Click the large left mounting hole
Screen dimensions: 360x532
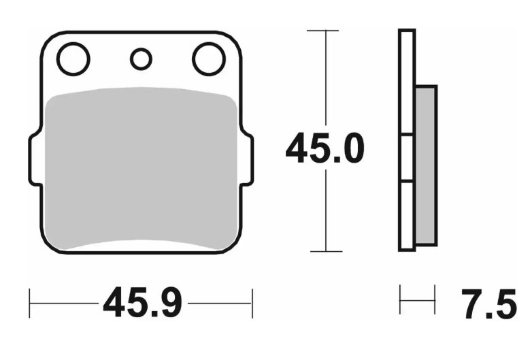(73, 59)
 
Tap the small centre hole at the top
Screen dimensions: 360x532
(141, 60)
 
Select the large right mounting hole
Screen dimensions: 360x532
(209, 59)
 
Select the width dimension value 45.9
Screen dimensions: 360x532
(142, 304)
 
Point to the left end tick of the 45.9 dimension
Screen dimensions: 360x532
(30, 303)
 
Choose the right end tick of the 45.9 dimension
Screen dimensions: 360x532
(252, 303)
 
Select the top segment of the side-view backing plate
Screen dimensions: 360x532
(407, 82)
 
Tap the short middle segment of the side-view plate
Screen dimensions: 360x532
(407, 158)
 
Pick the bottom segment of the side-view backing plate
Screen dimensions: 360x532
(407, 215)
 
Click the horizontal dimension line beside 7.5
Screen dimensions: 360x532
(417, 300)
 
